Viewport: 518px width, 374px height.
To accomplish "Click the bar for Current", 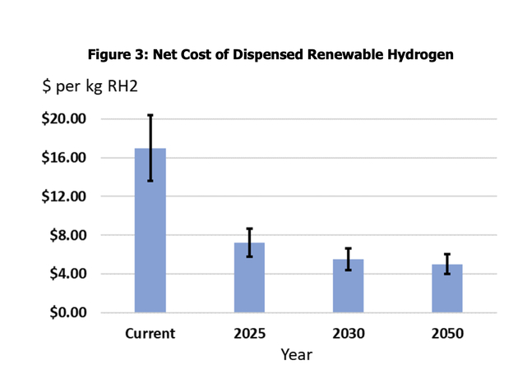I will pos(150,230).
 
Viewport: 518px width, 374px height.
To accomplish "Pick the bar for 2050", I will pos(447,288).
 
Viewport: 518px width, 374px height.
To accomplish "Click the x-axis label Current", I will pos(150,334).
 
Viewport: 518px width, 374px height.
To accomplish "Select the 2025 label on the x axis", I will pos(249,334).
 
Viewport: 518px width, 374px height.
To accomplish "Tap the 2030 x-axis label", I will pos(348,334).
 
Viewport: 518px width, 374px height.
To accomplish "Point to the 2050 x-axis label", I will pos(447,334).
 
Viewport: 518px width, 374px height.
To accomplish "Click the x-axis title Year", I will pos(296,355).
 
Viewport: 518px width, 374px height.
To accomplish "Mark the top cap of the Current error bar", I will pos(150,115).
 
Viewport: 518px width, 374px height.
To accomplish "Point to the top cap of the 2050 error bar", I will pos(447,255).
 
